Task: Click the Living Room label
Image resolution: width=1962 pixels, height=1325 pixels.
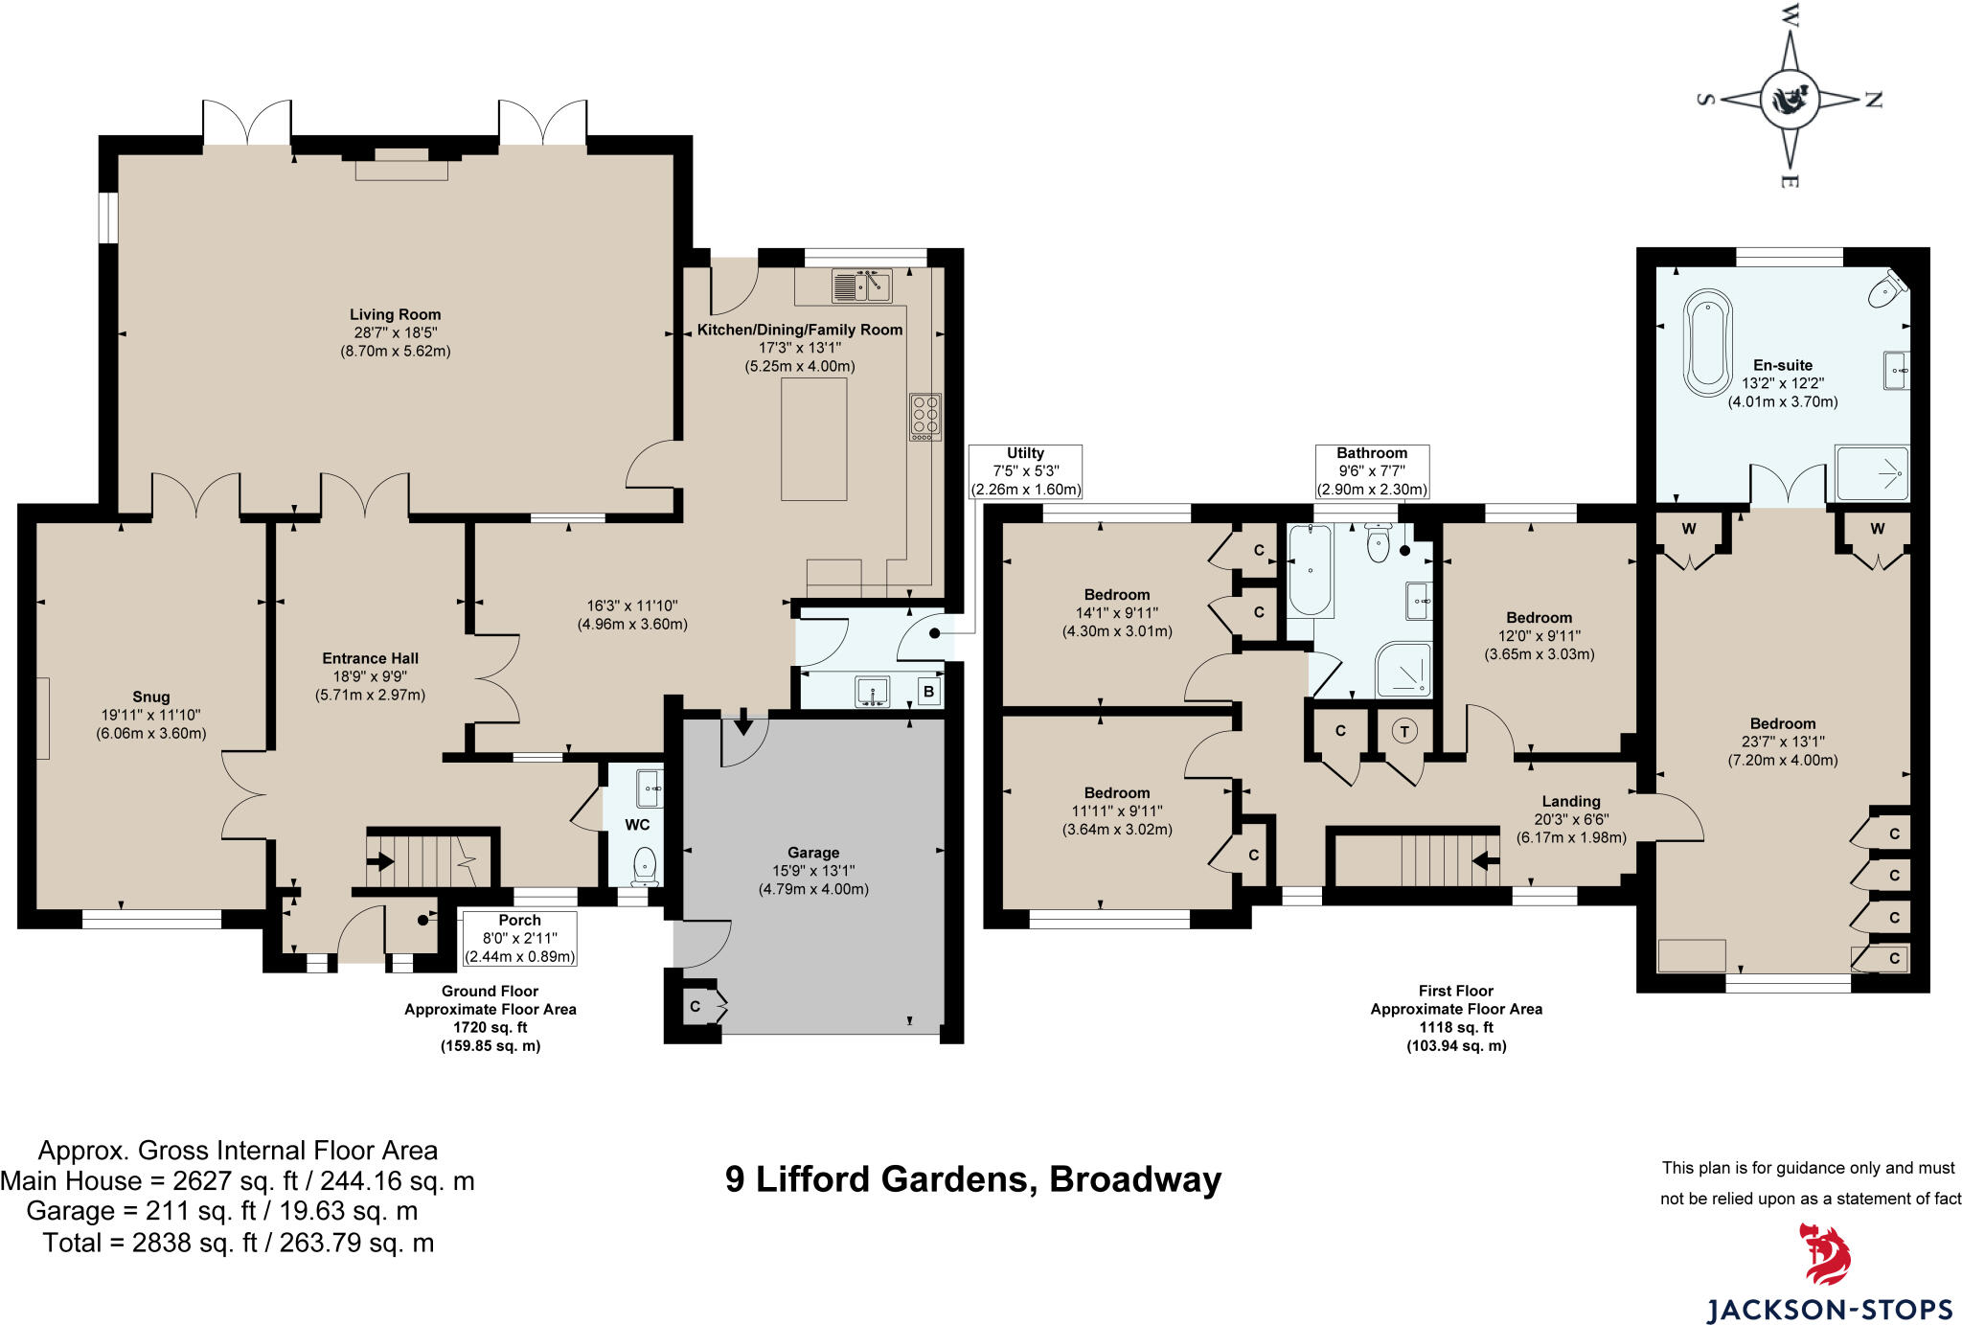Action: coord(395,314)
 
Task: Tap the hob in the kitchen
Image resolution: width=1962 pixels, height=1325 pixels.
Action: coord(924,417)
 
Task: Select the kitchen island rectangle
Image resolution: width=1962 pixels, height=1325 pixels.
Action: coord(813,439)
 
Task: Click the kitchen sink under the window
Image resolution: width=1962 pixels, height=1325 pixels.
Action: coord(861,286)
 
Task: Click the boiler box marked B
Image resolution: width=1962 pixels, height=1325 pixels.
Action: coord(927,692)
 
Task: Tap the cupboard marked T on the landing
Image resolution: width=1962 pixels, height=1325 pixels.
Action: coord(1404,732)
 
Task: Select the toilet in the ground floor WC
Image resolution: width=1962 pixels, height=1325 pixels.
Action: coord(646,865)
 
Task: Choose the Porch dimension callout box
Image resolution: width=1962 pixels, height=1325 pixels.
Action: coord(519,938)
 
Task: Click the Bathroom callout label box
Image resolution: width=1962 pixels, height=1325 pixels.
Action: coord(1372,470)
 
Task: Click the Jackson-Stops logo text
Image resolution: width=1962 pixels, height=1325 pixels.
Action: coord(1829,1309)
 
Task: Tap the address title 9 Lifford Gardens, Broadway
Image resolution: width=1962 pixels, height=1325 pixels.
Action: coord(972,1178)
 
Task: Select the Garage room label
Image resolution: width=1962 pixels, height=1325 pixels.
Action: coord(813,853)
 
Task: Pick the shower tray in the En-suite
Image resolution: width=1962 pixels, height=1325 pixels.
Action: coord(1871,472)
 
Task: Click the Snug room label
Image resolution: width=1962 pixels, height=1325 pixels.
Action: coord(151,697)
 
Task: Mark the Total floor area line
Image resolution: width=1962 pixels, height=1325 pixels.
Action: coord(238,1243)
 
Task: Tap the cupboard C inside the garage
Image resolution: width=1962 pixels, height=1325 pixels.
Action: coord(696,1006)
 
